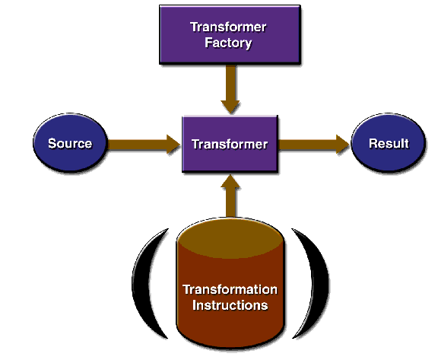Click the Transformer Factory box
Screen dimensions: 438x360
click(230, 34)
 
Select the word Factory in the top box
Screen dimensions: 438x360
click(228, 43)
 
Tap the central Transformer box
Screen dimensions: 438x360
click(230, 144)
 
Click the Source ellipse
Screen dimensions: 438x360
click(70, 142)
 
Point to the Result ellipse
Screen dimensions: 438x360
click(389, 142)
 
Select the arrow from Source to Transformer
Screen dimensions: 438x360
click(144, 144)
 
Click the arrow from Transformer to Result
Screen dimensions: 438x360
click(314, 144)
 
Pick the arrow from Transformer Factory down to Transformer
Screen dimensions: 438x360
click(230, 89)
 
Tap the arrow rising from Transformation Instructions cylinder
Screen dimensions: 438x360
click(230, 196)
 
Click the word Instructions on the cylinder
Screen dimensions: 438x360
click(230, 305)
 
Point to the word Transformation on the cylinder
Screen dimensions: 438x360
click(230, 289)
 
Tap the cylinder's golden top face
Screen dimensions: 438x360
click(230, 238)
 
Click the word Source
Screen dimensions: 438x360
click(70, 143)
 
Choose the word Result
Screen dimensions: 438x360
click(389, 143)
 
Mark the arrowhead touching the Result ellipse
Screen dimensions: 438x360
click(343, 144)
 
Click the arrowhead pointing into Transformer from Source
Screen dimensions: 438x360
click(173, 144)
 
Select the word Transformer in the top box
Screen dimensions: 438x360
click(228, 27)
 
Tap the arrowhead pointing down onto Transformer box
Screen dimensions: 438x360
click(230, 107)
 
